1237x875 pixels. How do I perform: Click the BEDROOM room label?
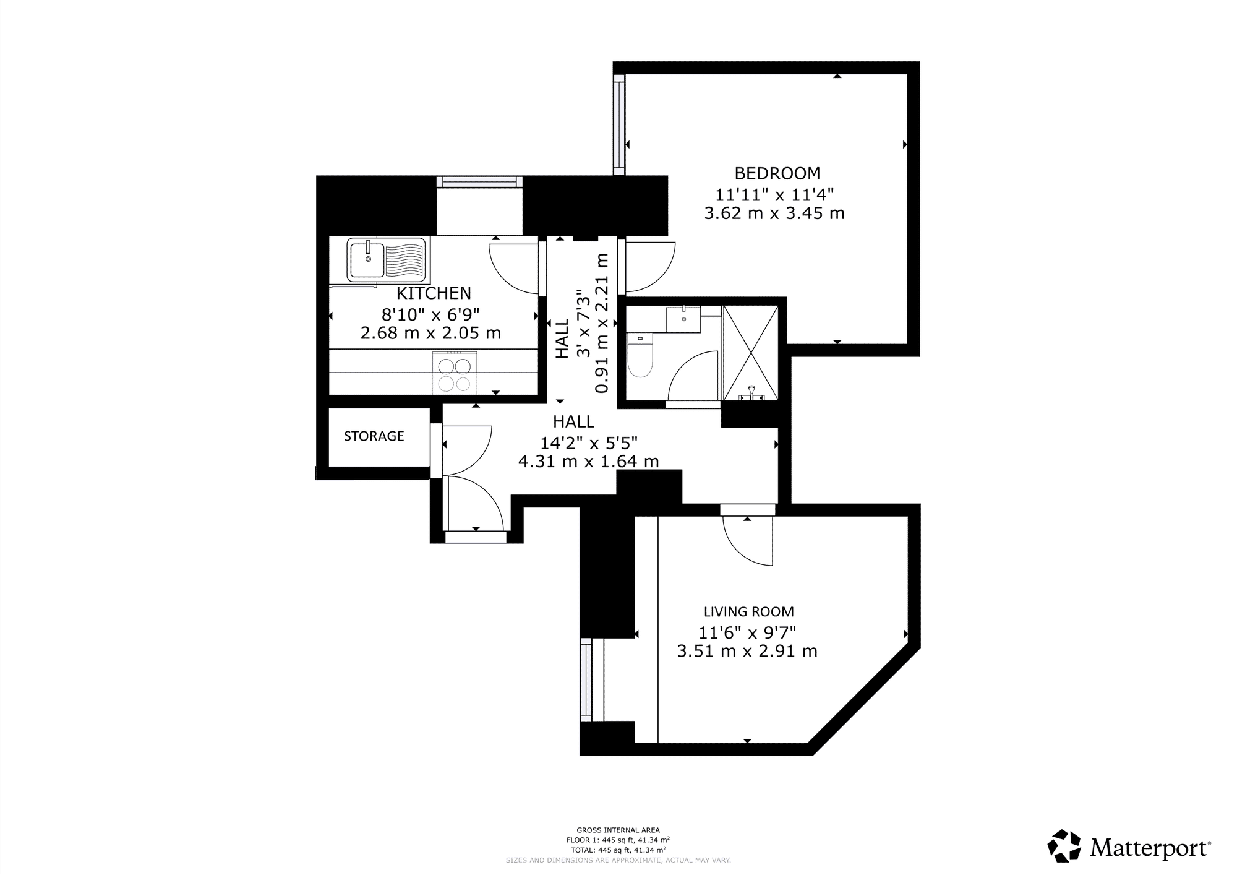coord(777,173)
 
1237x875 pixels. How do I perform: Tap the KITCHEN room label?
coord(434,293)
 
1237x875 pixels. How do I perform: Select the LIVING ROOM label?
coord(748,612)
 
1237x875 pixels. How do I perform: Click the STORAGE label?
coord(374,436)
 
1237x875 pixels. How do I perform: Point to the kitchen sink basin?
coord(367,260)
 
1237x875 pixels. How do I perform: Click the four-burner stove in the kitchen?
coord(455,371)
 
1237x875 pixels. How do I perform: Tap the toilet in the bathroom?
coord(640,355)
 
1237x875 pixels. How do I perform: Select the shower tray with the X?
coord(751,352)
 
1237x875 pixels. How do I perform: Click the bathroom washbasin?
coord(683,319)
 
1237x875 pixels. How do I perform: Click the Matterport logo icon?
coord(1064,846)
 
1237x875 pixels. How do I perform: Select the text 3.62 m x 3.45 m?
coord(774,213)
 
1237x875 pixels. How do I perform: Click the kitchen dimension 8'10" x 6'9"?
coord(430,315)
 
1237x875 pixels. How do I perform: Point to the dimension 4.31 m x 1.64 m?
coord(588,461)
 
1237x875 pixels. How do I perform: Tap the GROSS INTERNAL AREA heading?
coord(618,830)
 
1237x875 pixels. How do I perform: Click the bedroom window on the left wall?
coord(619,125)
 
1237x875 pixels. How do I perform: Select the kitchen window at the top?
coord(479,181)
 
